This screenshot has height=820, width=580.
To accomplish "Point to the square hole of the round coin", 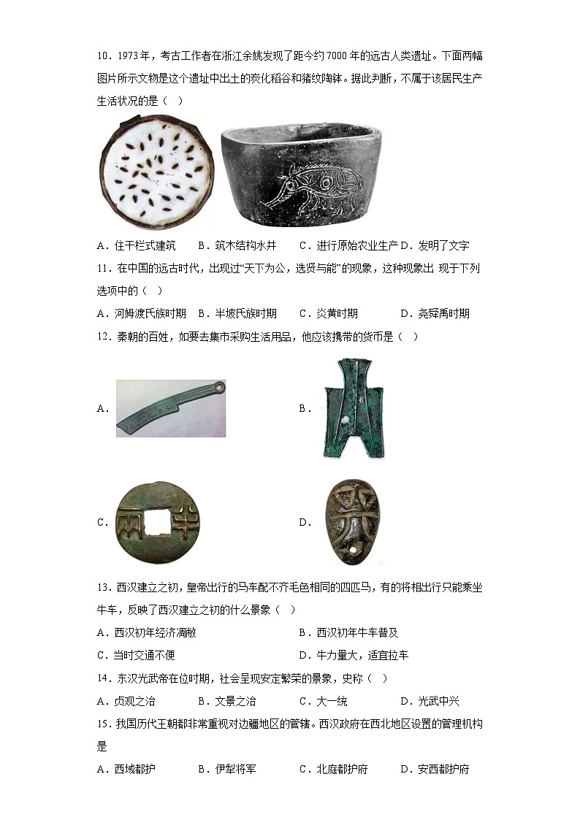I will point(155,521).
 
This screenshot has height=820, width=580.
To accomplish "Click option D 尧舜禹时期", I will point(435,313).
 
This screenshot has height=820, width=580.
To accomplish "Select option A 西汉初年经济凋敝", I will point(146,632).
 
